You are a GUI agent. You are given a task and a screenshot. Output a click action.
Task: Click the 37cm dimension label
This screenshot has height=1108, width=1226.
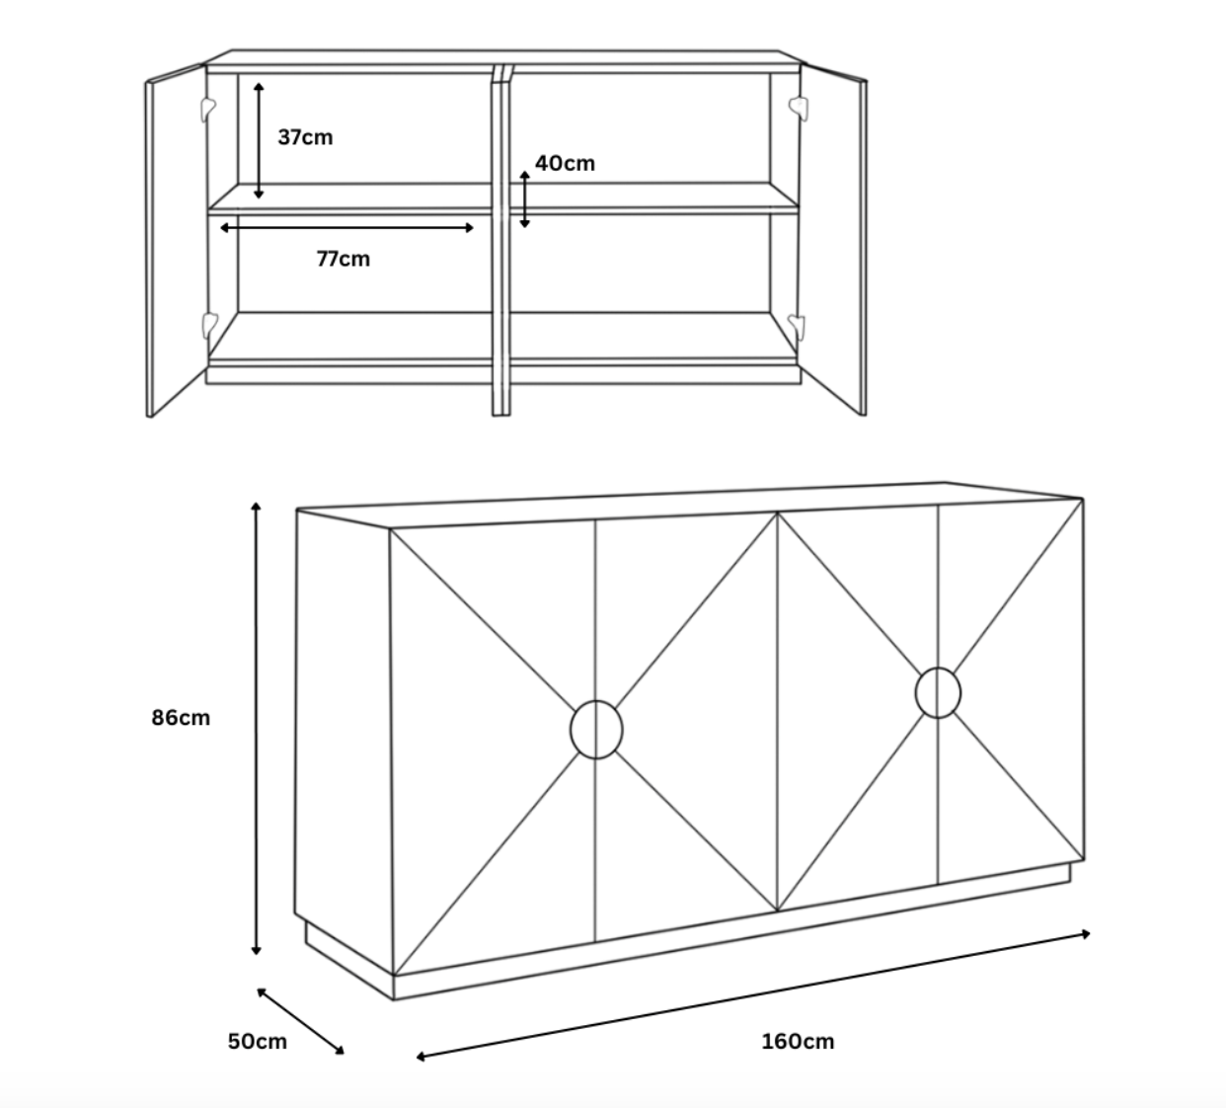click(305, 137)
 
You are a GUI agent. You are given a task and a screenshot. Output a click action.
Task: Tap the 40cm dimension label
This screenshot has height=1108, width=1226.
click(565, 163)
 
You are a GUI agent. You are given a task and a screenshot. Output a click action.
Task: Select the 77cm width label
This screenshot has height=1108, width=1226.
click(343, 259)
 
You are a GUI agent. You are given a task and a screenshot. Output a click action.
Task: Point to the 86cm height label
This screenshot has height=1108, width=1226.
click(181, 718)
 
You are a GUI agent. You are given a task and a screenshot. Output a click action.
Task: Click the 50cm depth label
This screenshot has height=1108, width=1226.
click(257, 1041)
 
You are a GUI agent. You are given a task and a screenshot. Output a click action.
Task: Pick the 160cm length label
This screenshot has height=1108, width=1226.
click(797, 1041)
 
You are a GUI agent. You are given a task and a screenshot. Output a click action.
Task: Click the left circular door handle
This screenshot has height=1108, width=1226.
click(596, 730)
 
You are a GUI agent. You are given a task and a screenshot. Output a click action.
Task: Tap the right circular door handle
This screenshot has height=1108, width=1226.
click(937, 692)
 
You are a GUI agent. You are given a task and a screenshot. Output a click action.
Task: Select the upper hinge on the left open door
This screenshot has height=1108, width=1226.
click(207, 109)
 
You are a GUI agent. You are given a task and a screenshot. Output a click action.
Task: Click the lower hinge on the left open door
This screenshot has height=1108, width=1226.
click(208, 325)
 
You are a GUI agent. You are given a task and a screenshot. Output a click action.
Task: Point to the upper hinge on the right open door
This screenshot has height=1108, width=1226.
click(798, 108)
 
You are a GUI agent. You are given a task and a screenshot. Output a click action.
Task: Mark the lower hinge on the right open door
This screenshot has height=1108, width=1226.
click(797, 325)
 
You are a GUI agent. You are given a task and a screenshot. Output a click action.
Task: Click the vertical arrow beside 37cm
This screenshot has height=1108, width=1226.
click(259, 140)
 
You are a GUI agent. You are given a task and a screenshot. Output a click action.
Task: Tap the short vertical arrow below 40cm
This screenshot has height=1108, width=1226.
click(525, 199)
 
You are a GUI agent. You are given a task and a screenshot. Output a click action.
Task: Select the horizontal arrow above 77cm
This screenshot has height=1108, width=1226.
click(346, 228)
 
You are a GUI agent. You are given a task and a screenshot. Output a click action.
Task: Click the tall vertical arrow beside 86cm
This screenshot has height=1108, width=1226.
click(257, 729)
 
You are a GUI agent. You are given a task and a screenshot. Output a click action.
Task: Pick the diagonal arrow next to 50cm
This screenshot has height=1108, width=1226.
click(301, 1021)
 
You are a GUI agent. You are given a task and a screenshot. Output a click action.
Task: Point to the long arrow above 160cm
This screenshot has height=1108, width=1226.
click(753, 994)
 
